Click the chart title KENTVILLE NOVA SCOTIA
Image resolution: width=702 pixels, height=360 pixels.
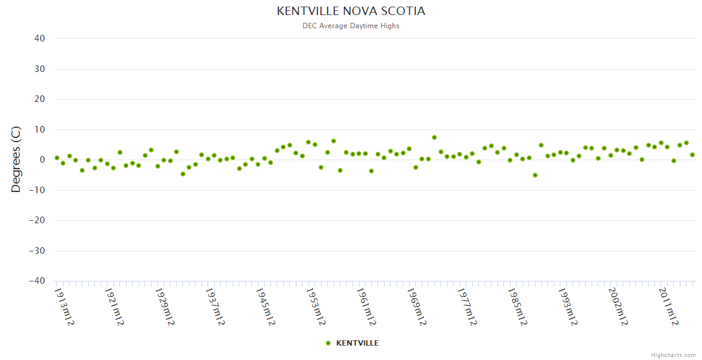351,11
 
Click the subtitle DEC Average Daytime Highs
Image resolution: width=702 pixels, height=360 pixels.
351,26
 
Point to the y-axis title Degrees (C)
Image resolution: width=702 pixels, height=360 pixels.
16,160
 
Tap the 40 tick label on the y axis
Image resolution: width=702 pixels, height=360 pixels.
40,38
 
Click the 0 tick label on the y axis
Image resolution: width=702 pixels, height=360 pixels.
43,160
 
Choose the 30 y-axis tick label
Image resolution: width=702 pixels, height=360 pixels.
40,69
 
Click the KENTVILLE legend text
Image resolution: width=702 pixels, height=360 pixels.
357,343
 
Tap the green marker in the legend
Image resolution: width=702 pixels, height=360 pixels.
328,343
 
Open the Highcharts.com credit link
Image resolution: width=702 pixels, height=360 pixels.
673,355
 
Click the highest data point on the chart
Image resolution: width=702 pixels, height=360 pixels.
434,137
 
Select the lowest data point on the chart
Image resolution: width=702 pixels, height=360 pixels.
535,175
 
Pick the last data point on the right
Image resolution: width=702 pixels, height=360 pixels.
692,155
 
